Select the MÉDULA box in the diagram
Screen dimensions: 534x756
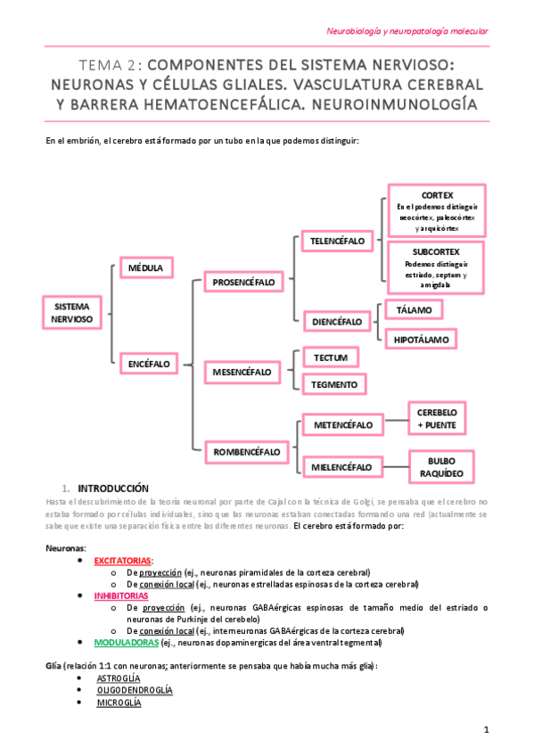click(x=146, y=267)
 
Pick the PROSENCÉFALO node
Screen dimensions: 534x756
click(x=243, y=283)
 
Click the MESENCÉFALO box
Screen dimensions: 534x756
click(x=242, y=369)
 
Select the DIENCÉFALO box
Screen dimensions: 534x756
click(x=336, y=321)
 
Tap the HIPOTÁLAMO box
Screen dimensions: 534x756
click(x=421, y=339)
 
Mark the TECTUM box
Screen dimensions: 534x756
click(x=331, y=357)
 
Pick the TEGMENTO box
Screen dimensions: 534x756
click(x=335, y=384)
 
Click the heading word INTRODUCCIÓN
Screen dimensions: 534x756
click(x=113, y=489)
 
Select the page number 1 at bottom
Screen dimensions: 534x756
click(x=487, y=730)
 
